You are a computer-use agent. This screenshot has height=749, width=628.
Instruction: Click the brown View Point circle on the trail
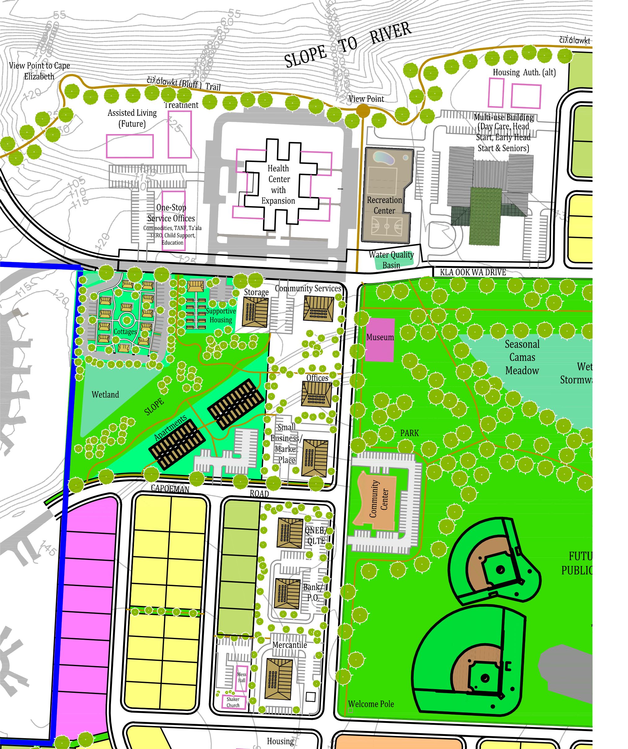click(363, 111)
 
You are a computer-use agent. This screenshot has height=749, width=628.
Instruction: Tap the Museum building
click(380, 340)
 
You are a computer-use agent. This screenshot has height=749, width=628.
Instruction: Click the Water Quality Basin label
click(391, 260)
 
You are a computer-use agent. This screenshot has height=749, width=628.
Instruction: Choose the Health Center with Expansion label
click(278, 184)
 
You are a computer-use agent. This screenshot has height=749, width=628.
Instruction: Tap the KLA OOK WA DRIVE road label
click(473, 273)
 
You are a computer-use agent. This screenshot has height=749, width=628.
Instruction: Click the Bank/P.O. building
click(287, 594)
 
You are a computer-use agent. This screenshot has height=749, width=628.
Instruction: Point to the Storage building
click(255, 312)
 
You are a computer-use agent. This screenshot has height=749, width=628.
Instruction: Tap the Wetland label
click(105, 395)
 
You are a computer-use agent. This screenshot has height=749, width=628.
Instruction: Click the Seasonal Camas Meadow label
click(522, 357)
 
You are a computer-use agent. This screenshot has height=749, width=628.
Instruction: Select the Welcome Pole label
click(371, 704)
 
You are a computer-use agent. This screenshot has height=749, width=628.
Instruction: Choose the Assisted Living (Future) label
click(132, 118)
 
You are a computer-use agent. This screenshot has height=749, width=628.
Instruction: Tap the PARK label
click(409, 433)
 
